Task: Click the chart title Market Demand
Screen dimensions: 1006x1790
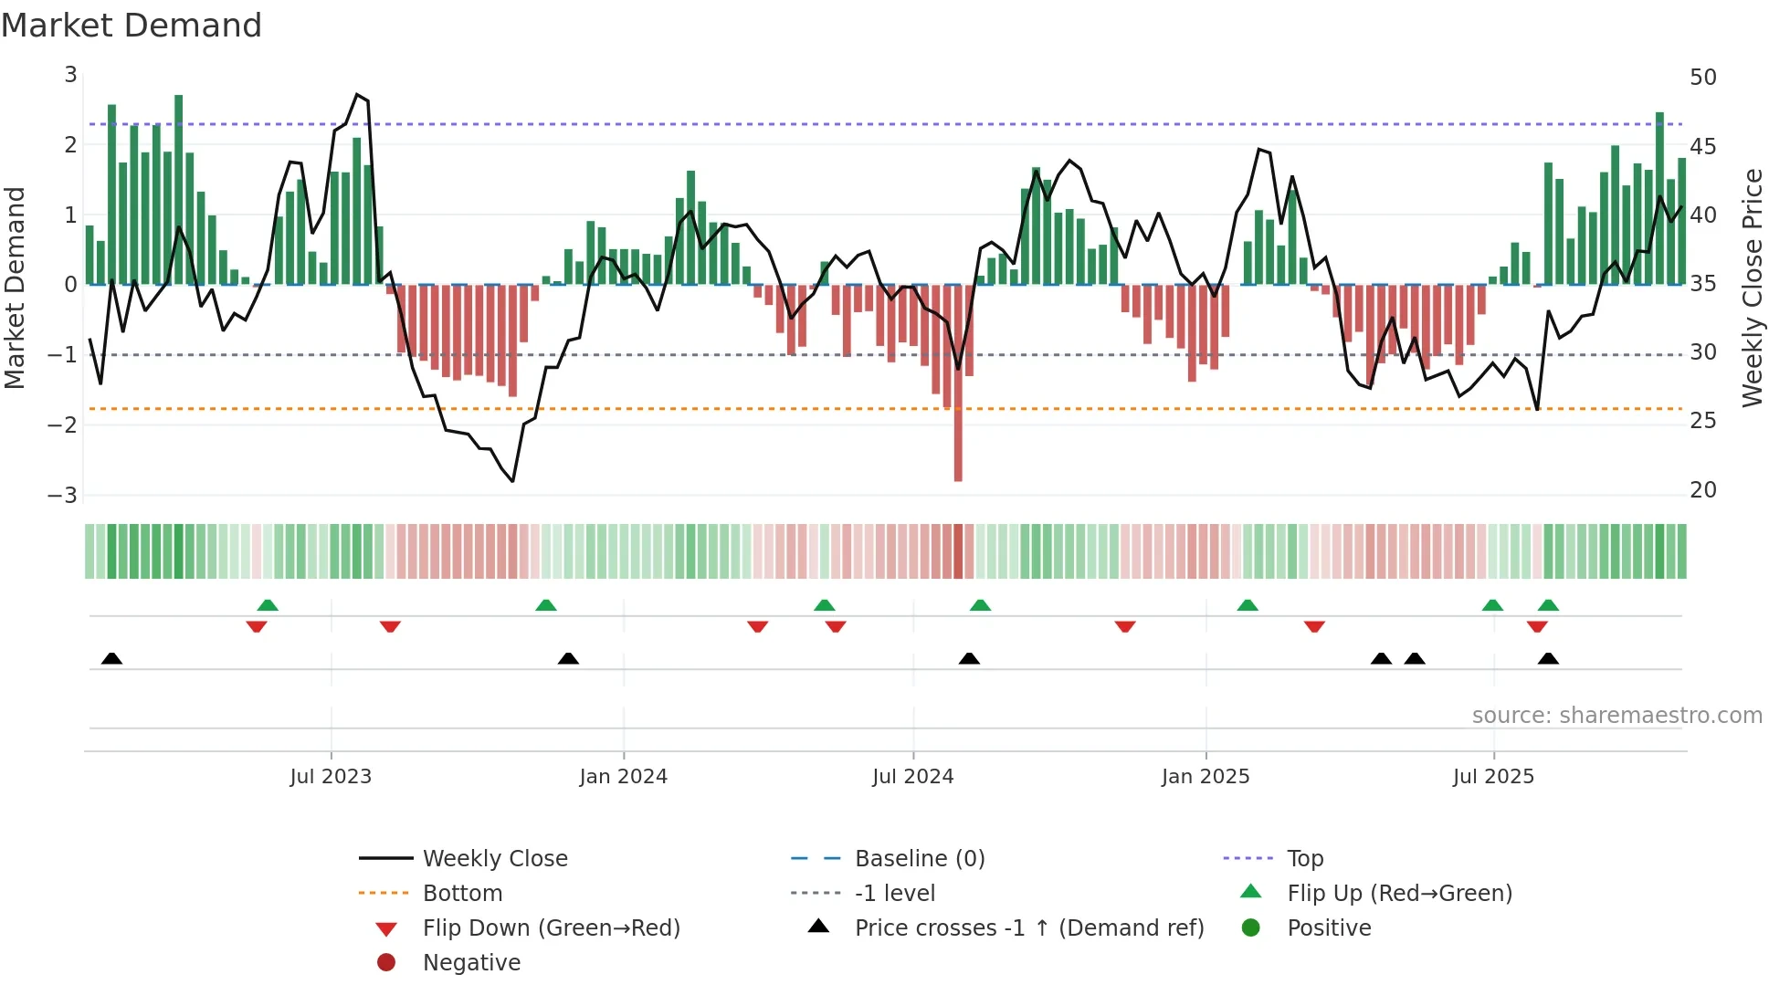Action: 132,26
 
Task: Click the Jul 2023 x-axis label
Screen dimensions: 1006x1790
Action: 331,777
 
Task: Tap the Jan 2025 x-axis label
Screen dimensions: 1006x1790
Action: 1206,777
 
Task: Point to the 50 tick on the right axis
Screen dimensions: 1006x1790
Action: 1702,78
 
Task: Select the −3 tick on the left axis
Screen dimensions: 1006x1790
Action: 63,496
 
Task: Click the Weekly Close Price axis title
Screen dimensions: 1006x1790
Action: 1752,288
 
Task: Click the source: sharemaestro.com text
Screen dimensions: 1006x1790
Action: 1616,716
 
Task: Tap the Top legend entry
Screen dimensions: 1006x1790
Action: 1305,859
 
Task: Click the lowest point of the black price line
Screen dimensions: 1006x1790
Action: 513,481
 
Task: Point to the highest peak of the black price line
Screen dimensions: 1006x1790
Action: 357,94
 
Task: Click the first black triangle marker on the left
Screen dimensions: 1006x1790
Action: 111,659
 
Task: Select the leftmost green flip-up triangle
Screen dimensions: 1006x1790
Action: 268,605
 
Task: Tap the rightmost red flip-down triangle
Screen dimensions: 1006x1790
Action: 1537,627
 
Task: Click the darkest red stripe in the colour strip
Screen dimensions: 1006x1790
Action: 958,551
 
